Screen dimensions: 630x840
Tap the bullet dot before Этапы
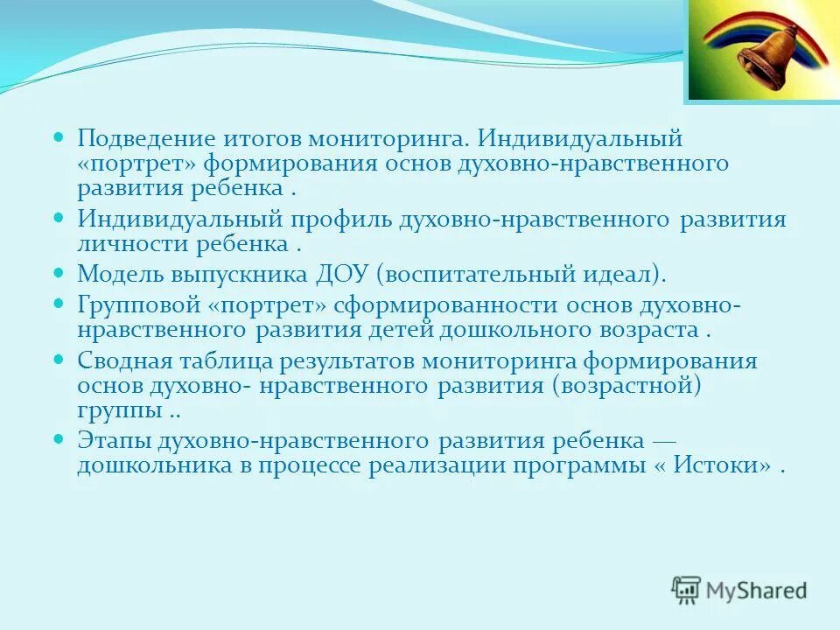coord(59,437)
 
